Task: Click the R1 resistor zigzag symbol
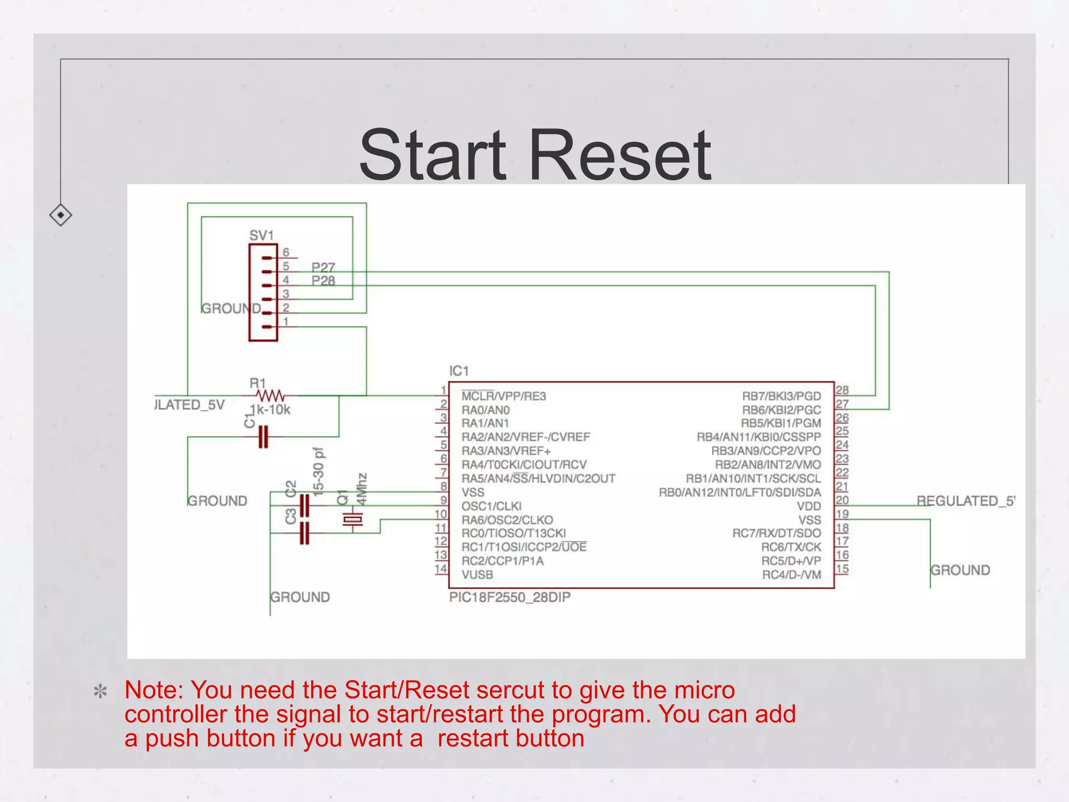[x=270, y=395]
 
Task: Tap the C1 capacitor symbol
[x=264, y=437]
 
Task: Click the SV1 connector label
[x=262, y=235]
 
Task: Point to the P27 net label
[x=323, y=267]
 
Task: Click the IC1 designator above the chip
[x=459, y=371]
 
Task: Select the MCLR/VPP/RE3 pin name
[x=504, y=396]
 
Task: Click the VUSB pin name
[x=477, y=575]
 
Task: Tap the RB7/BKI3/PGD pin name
[x=781, y=396]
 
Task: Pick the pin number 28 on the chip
[x=842, y=390]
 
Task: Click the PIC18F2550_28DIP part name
[x=509, y=597]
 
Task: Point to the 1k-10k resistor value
[x=270, y=410]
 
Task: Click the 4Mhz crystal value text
[x=361, y=489]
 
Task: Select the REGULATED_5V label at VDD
[x=965, y=501]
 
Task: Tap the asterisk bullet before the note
[x=100, y=692]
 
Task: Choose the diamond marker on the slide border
[x=61, y=215]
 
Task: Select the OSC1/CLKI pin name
[x=491, y=506]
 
